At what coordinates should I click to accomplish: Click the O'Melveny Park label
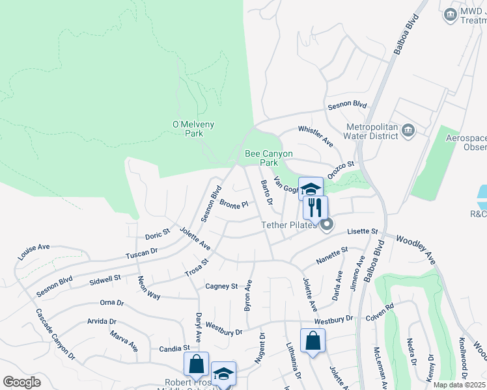pyautogui.click(x=193, y=129)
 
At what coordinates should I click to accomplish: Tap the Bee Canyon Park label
pyautogui.click(x=268, y=158)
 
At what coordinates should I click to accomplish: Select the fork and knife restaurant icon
pyautogui.click(x=314, y=208)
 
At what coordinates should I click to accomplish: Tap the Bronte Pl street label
pyautogui.click(x=234, y=204)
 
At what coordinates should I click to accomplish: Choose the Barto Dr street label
pyautogui.click(x=266, y=191)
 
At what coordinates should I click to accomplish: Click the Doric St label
pyautogui.click(x=158, y=233)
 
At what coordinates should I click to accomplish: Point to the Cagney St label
pyautogui.click(x=221, y=286)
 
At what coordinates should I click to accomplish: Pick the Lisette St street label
pyautogui.click(x=363, y=231)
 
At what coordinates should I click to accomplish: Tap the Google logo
pyautogui.click(x=21, y=382)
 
